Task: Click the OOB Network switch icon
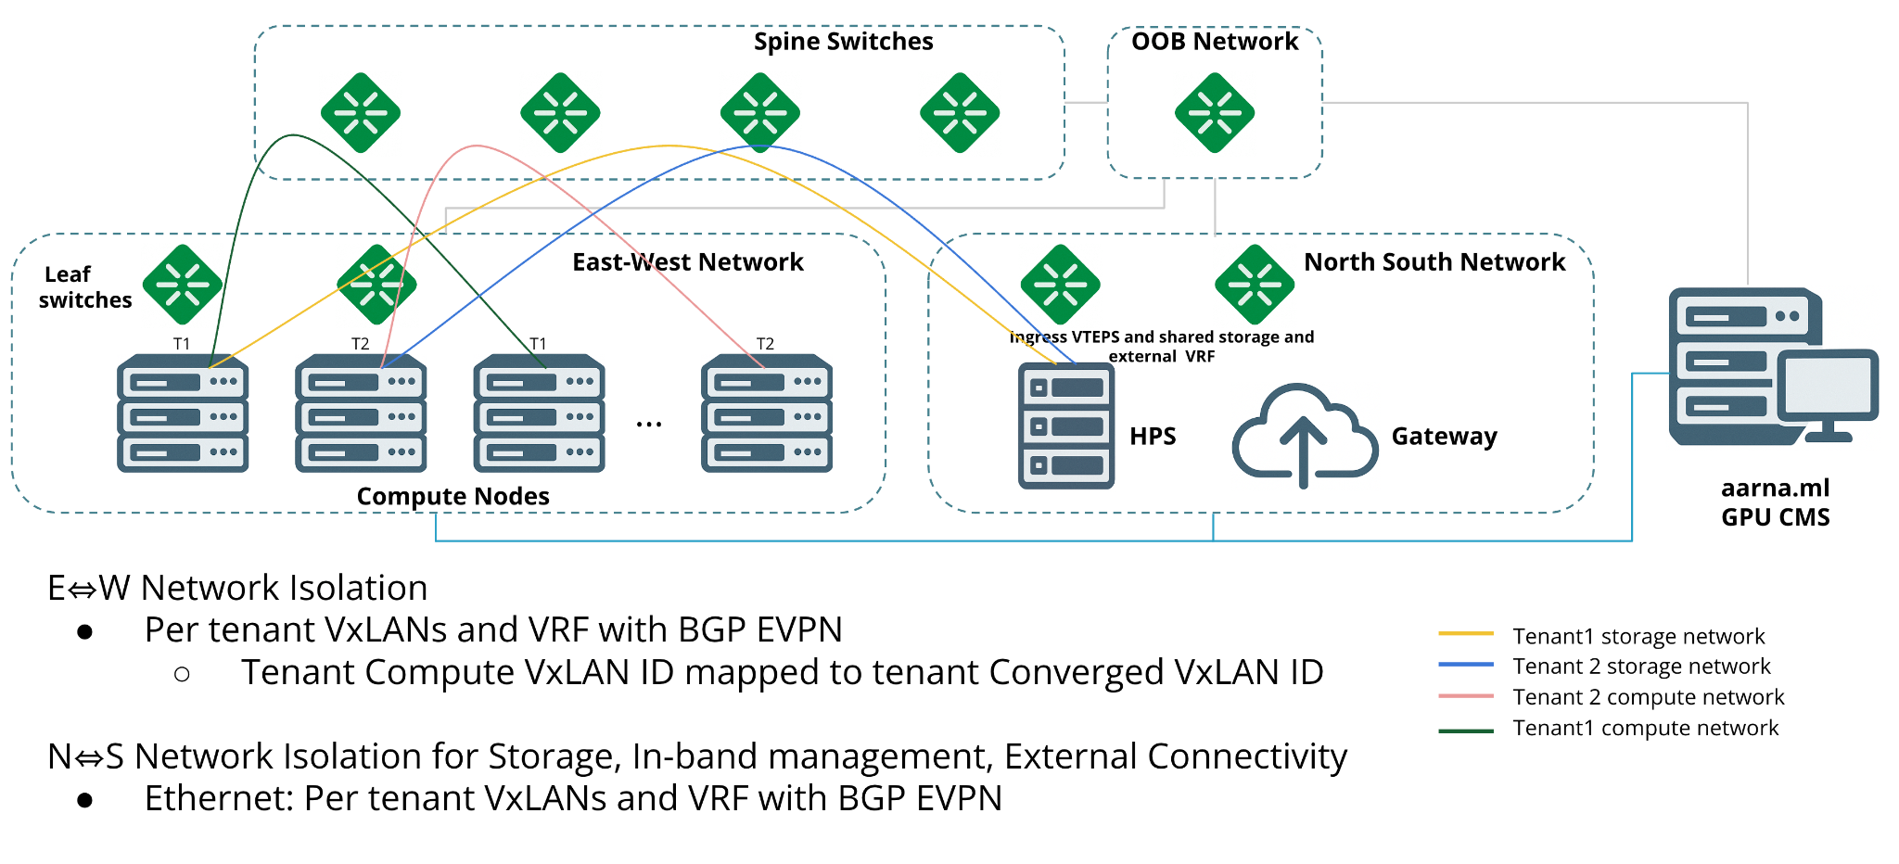(x=1214, y=113)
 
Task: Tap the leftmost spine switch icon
(x=361, y=113)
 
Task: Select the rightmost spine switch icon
(x=960, y=113)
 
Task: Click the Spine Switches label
(x=843, y=42)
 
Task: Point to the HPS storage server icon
(x=1066, y=426)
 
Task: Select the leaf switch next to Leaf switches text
(x=183, y=285)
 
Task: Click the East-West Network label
(x=687, y=262)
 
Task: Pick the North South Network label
(x=1434, y=262)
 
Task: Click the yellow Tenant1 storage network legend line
(x=1466, y=634)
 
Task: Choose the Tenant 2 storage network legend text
(x=1641, y=667)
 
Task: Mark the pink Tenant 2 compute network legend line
(x=1466, y=696)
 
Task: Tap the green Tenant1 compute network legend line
(x=1466, y=731)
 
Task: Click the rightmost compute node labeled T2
(x=766, y=413)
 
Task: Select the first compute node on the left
(x=183, y=413)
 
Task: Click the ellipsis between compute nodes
(x=649, y=425)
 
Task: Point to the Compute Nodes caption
(x=452, y=497)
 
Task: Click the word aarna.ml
(x=1775, y=489)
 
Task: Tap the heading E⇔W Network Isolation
(x=237, y=589)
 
